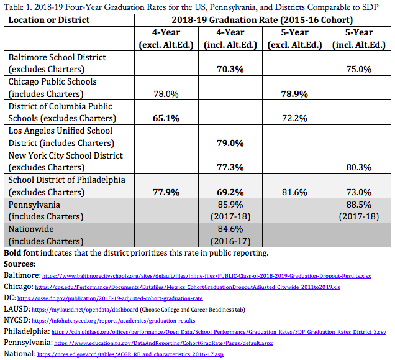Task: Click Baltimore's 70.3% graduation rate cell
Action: [x=230, y=69]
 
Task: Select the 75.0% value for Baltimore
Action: [x=359, y=69]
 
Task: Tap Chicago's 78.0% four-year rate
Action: [x=166, y=94]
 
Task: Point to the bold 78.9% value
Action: [x=294, y=94]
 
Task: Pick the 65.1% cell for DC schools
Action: [x=166, y=118]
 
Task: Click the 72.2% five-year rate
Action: [x=294, y=118]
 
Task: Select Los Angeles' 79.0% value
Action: [x=230, y=143]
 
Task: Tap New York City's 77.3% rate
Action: [x=230, y=167]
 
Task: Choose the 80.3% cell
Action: [x=359, y=167]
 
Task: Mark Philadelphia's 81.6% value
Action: [x=294, y=192]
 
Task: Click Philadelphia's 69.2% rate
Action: [x=230, y=192]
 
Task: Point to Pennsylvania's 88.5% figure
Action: [x=359, y=205]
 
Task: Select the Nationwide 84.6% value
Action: [x=230, y=229]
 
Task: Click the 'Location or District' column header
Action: [x=49, y=20]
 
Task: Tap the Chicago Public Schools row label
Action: [x=52, y=81]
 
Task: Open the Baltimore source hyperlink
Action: [x=207, y=276]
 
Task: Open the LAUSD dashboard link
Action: [x=85, y=310]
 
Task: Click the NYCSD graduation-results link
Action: [x=114, y=321]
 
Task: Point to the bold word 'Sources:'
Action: [x=20, y=264]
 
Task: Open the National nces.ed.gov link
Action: [x=130, y=354]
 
